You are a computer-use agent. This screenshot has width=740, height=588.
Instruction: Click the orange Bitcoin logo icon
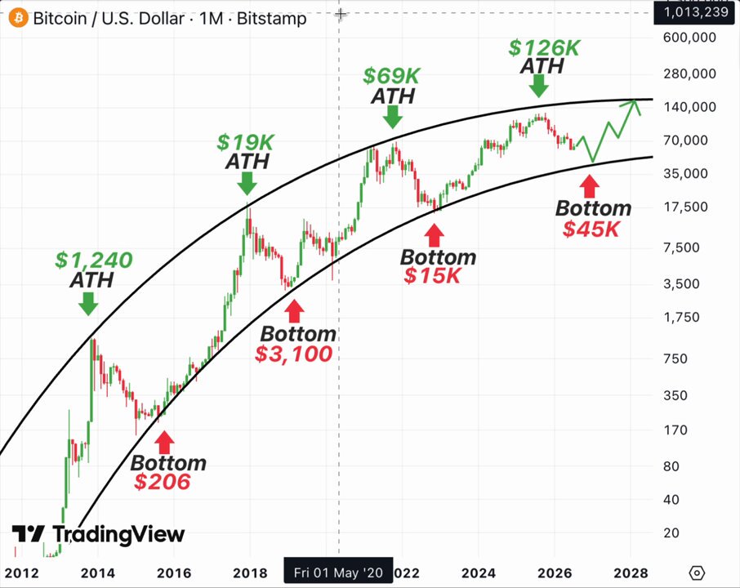click(x=18, y=18)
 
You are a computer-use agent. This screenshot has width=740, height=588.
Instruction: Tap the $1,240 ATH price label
click(x=94, y=260)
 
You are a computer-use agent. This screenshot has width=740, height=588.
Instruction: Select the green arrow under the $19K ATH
click(x=247, y=184)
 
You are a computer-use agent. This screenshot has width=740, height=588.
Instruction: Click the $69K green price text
click(x=391, y=75)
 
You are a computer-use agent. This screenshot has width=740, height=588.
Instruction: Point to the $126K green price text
click(x=544, y=47)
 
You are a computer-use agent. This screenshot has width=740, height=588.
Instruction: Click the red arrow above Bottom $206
click(x=164, y=442)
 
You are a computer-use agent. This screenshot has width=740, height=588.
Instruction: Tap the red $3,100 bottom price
click(x=293, y=354)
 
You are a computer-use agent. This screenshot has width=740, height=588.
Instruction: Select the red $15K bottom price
click(x=432, y=275)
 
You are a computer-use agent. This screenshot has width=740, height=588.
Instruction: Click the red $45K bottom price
click(x=591, y=229)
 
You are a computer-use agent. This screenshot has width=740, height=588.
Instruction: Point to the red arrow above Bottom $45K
click(x=589, y=186)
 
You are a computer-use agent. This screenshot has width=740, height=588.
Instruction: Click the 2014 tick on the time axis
click(x=98, y=573)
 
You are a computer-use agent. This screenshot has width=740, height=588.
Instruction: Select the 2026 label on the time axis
click(x=555, y=573)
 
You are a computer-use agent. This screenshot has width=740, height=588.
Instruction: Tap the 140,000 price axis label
click(x=689, y=107)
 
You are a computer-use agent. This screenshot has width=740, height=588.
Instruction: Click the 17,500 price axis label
click(x=686, y=207)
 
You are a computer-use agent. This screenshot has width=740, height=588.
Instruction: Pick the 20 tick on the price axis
click(x=671, y=532)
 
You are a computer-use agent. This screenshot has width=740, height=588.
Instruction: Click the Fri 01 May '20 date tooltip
click(x=338, y=572)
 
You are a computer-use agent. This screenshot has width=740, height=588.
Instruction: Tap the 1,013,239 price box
click(x=696, y=11)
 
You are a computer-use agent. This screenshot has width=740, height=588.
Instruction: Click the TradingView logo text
click(x=118, y=534)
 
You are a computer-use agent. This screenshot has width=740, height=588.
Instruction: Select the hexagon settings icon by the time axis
click(x=697, y=573)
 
